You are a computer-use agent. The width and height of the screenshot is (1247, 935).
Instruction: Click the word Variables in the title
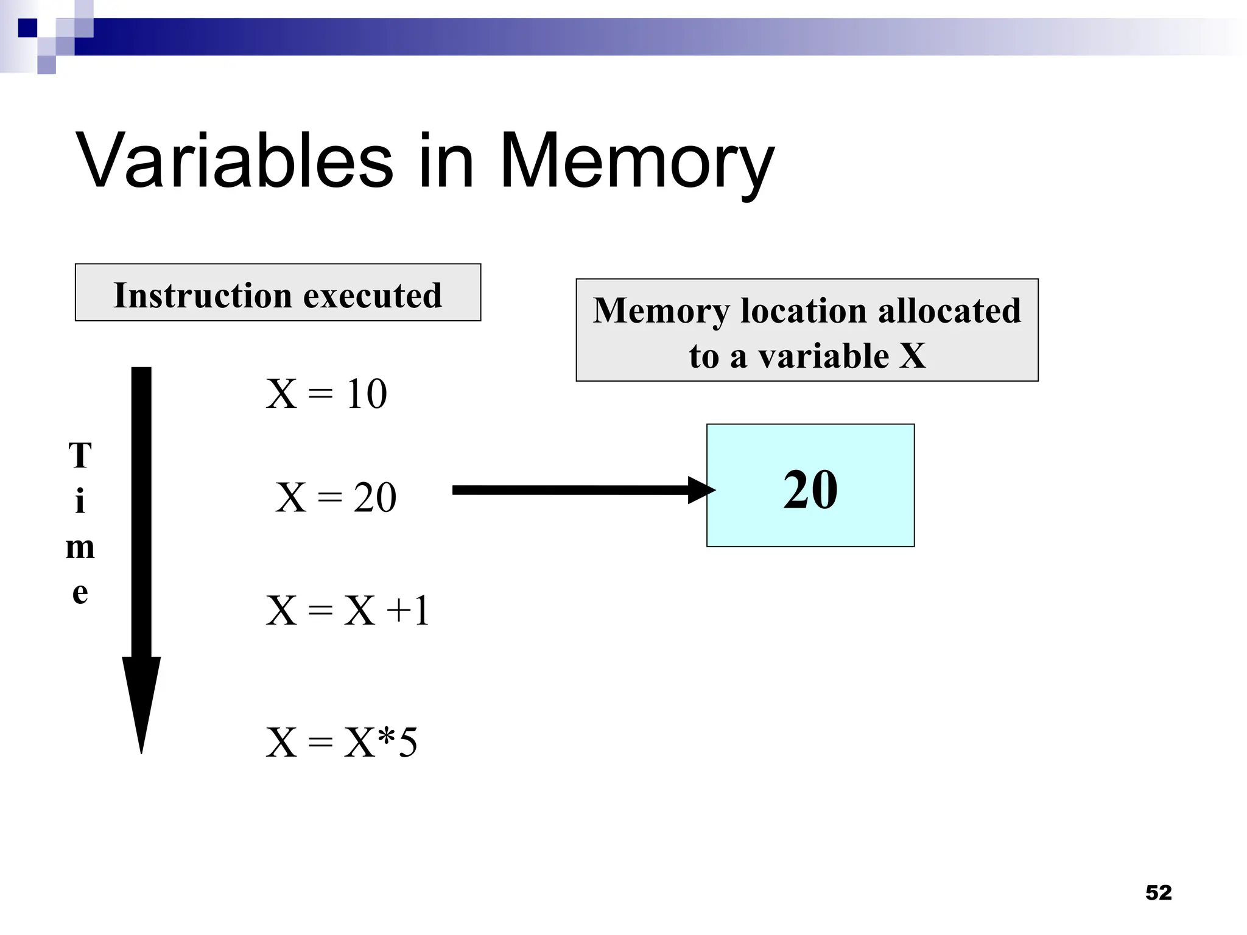click(234, 161)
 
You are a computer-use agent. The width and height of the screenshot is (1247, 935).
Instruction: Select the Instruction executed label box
click(278, 293)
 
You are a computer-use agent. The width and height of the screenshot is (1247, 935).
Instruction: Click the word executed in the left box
click(373, 296)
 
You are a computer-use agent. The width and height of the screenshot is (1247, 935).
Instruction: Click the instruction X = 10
click(326, 394)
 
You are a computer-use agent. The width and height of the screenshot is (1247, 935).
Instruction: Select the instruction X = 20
click(335, 497)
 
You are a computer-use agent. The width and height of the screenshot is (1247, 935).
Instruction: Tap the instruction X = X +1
click(348, 611)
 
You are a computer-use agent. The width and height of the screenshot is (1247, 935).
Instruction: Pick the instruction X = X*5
click(342, 743)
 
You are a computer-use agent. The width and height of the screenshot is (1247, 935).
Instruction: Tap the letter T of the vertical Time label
click(80, 455)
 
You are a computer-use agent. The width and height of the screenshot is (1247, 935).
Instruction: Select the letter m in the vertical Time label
click(80, 547)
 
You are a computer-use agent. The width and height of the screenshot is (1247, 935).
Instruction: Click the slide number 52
click(1158, 892)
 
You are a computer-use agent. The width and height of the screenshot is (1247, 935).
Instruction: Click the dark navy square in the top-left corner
click(27, 28)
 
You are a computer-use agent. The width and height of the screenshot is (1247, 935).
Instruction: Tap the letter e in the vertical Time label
click(80, 592)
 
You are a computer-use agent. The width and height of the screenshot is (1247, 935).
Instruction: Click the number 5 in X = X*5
click(407, 743)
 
